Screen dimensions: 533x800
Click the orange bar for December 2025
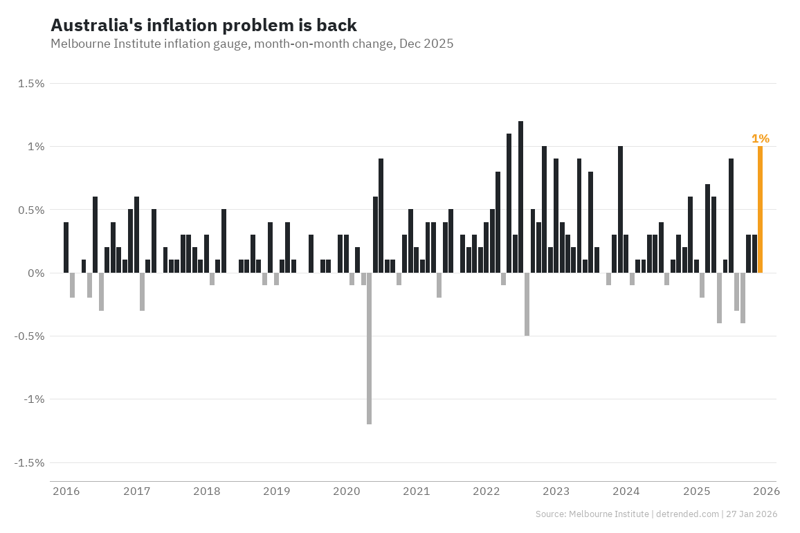click(760, 210)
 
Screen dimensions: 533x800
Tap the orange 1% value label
click(760, 138)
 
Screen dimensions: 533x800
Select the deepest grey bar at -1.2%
click(369, 348)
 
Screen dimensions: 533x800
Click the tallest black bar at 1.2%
click(520, 197)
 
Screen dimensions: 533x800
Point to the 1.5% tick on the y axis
click(31, 84)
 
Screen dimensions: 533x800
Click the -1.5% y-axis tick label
click(29, 462)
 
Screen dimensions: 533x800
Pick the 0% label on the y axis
click(35, 273)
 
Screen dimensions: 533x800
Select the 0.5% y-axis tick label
click(31, 210)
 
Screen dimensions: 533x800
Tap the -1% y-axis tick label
click(33, 399)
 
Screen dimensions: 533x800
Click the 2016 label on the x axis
click(66, 491)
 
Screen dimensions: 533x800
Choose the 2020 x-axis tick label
click(346, 491)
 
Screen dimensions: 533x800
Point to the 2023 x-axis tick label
click(556, 491)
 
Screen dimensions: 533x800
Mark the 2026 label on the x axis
click(766, 491)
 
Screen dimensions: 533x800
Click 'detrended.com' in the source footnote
click(686, 514)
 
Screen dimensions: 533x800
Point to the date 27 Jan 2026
click(752, 514)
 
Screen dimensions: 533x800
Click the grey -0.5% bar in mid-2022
click(527, 305)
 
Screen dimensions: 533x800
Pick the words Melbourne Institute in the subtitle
click(98, 44)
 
